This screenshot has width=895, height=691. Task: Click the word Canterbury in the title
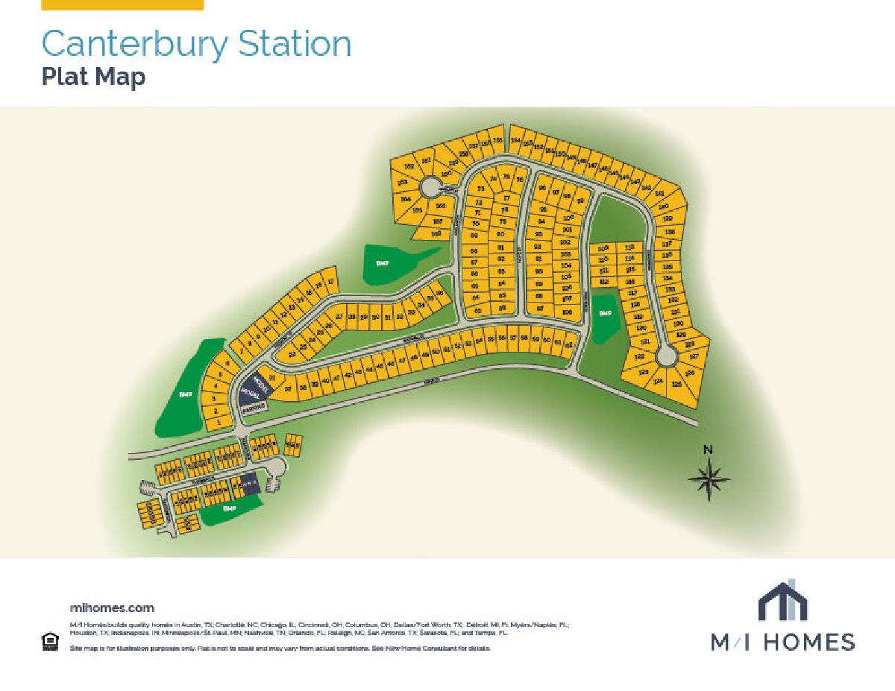[135, 44]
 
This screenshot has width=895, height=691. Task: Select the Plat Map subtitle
[93, 77]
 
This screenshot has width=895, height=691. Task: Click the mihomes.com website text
[112, 608]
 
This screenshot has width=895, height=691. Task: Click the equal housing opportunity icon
[51, 641]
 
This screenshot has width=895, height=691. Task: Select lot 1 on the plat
[217, 423]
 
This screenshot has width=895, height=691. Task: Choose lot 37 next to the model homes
[288, 388]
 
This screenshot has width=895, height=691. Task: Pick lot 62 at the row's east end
[568, 345]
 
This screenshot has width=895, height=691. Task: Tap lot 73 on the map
[481, 189]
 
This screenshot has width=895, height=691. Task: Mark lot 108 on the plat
[567, 312]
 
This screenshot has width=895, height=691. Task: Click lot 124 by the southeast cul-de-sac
[658, 382]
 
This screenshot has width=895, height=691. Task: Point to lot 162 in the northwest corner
[409, 166]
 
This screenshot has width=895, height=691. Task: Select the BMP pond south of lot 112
[604, 314]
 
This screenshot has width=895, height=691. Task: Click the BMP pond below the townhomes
[230, 508]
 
